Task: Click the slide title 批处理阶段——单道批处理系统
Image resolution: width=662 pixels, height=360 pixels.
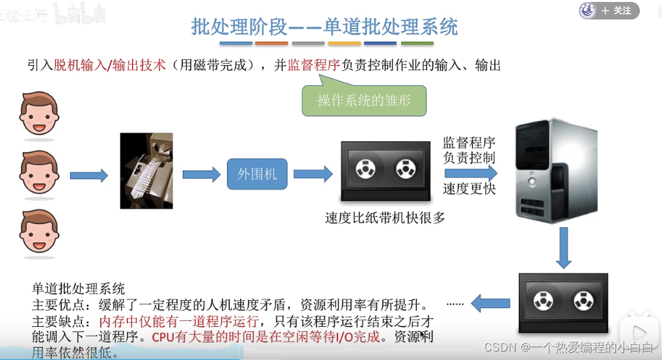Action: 324,27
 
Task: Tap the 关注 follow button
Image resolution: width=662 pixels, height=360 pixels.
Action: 615,10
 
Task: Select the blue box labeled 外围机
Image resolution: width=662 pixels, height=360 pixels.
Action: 256,174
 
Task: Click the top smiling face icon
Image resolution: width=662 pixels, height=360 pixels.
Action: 39,114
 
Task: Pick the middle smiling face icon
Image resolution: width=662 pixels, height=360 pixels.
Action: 39,173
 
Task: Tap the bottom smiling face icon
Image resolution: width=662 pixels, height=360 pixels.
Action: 39,232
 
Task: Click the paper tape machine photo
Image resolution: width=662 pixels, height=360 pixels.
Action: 146,171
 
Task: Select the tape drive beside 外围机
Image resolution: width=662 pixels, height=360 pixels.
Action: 385,171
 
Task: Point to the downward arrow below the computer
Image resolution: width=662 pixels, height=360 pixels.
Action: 564,252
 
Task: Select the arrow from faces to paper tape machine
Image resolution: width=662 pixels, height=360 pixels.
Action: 89,174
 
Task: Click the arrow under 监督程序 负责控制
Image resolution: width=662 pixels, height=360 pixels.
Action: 471,173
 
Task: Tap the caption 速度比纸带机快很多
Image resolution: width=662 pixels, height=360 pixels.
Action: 385,218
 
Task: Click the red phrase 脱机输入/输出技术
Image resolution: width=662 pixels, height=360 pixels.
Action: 111,65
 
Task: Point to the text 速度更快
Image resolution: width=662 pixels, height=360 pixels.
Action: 469,189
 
